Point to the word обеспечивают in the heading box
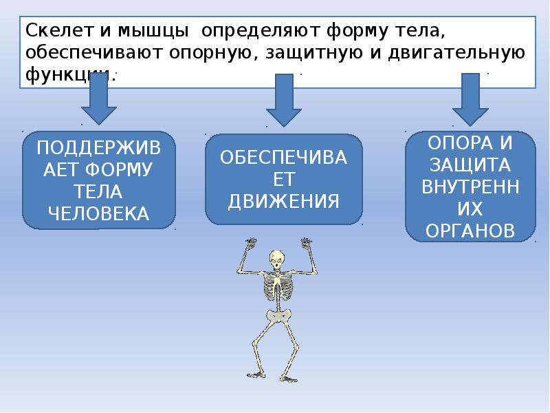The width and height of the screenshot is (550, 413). click(87, 53)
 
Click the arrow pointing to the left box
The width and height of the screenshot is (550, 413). click(99, 100)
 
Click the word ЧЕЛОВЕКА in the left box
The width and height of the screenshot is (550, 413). click(98, 213)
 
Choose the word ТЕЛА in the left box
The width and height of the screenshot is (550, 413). click(98, 191)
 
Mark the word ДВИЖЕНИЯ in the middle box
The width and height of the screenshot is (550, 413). click(284, 201)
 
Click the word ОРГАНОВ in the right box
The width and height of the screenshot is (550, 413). click(470, 230)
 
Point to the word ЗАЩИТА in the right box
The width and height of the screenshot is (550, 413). click(470, 165)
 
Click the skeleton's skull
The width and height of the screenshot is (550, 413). click(276, 260)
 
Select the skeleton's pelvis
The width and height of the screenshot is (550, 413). click(280, 316)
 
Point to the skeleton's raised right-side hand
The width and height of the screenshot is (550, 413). click(306, 242)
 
